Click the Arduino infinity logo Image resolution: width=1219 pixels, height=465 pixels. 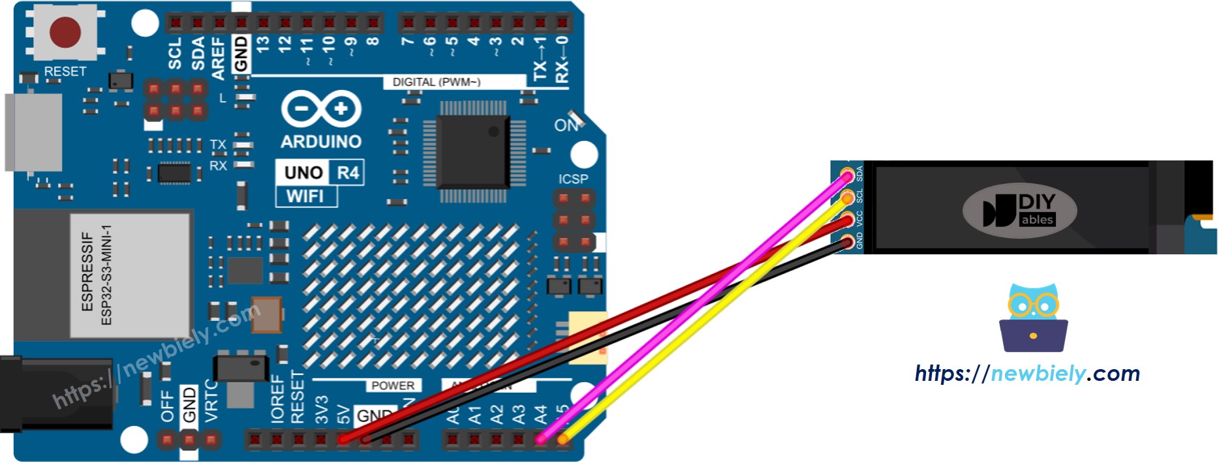(321, 109)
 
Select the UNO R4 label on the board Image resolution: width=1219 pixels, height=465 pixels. (320, 173)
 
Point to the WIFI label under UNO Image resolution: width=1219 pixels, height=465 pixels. (305, 196)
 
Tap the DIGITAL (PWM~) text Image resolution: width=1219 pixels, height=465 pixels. (436, 82)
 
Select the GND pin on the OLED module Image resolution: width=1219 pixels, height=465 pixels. (847, 243)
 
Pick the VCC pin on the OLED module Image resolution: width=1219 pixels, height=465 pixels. (847, 220)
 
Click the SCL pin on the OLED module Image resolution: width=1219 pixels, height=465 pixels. (847, 198)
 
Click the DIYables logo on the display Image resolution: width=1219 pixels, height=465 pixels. (1019, 211)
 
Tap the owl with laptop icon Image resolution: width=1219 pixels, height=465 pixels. (1033, 318)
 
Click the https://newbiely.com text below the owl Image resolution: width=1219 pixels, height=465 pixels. (1027, 374)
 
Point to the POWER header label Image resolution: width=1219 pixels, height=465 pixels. (392, 385)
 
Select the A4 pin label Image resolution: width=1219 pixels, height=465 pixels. (541, 414)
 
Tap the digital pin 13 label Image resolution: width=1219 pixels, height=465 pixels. (263, 44)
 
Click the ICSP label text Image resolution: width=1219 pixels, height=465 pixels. (573, 179)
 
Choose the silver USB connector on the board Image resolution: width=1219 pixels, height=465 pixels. (34, 132)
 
